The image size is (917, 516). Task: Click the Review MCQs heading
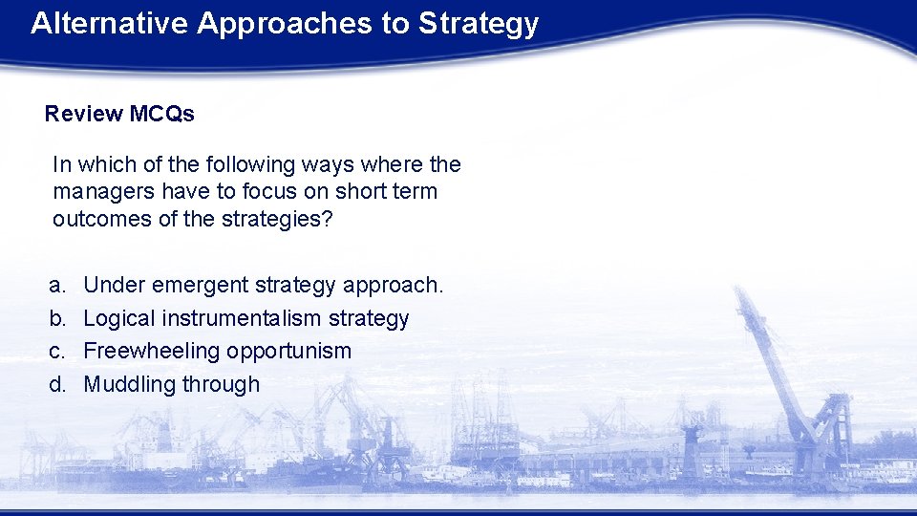119,114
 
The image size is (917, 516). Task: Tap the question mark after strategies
327,218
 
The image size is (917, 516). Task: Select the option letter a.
57,285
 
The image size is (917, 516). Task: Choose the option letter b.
57,318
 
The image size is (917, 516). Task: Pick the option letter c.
57,351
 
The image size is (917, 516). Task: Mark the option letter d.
57,384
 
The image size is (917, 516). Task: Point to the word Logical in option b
119,318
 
